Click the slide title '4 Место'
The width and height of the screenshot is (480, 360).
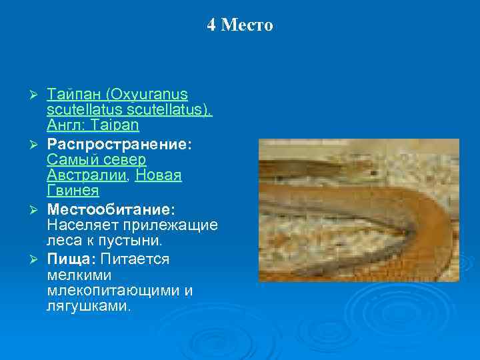pyautogui.click(x=239, y=25)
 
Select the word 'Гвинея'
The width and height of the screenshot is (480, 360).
pyautogui.click(x=73, y=191)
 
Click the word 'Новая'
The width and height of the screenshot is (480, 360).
pyautogui.click(x=159, y=175)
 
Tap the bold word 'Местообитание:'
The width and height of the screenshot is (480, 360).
pyautogui.click(x=111, y=209)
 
